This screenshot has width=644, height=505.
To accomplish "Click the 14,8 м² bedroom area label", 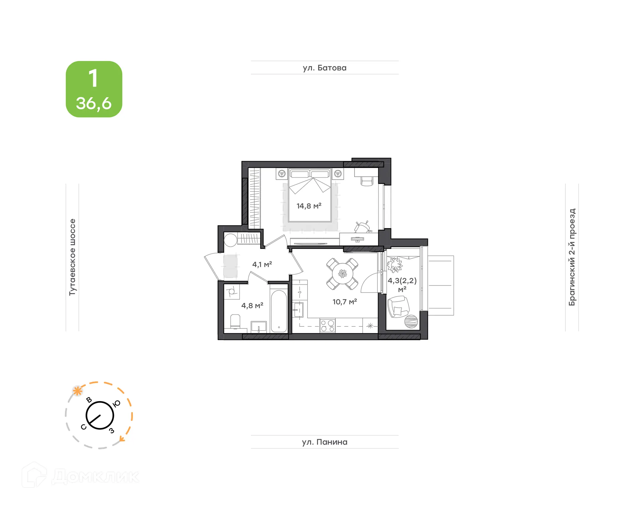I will coord(309,206).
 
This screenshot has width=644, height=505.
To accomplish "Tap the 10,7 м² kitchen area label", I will coord(344,302).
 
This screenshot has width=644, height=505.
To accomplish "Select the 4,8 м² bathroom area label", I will coord(252,305).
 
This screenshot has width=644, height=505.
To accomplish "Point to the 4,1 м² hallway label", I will coord(262,264).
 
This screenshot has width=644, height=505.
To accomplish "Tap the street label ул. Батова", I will coord(324,68).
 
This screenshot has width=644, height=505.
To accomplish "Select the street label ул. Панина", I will coord(324,442).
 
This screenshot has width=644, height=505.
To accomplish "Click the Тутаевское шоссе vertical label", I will coord(72,257).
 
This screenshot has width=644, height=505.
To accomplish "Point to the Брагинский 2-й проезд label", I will coord(572,257).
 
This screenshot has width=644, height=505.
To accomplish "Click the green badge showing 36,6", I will coord(94,89).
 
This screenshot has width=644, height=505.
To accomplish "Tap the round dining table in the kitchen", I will coord(342,274).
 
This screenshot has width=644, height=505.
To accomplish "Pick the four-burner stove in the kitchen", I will coord(327,325).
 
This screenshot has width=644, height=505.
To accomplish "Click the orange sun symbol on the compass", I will coord(77,391).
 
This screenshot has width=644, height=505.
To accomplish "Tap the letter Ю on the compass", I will coord(116,403).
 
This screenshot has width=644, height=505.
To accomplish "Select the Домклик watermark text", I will coord(95,477).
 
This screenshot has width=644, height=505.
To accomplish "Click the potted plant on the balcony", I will coord(394,265).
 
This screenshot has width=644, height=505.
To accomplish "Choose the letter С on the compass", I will coord(84,427).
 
